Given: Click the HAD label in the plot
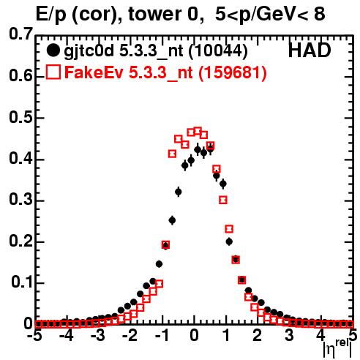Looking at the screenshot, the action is pos(310,50).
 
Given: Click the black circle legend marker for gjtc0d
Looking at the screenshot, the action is pos(53,50).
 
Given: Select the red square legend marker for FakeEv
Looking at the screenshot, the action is pos(53,72).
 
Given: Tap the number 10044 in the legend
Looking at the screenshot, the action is pos(218,51).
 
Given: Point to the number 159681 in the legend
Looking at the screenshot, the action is pos(233,72).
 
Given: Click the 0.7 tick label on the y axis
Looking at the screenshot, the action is pos(20,34).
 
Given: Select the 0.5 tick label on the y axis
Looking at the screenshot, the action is pos(20,117).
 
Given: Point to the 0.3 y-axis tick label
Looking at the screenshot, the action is pos(20,200).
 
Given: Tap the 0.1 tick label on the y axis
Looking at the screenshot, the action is pos(21,282).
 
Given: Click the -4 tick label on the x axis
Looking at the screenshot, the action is pos(66,335).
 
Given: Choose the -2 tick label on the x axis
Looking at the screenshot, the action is pos(130,335).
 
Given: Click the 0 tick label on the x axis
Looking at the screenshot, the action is pos(194,335).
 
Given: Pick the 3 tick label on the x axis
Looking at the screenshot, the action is pos(290,335).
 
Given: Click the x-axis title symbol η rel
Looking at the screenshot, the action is pos(337,349).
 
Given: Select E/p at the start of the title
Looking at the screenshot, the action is pos(50,15).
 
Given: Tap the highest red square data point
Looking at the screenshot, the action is pos(198,131).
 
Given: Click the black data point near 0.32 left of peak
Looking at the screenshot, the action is pos(179,192).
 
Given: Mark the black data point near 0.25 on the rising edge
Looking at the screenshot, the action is pos(172,220).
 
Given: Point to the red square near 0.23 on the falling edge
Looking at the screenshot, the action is pos(229,229).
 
